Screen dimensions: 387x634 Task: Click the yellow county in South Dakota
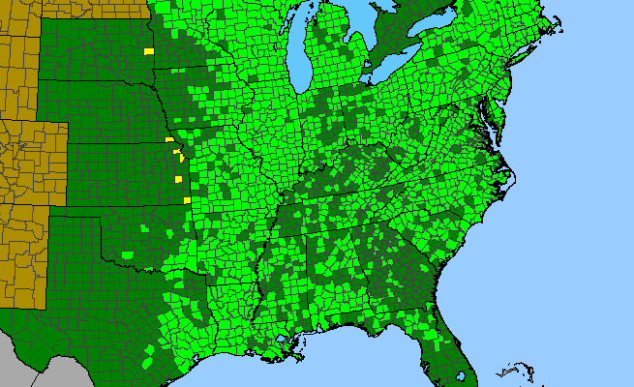[149, 50]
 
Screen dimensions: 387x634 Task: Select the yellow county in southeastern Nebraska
[169, 140]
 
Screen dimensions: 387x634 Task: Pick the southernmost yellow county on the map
[187, 200]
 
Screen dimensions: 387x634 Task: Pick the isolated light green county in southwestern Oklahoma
[129, 255]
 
